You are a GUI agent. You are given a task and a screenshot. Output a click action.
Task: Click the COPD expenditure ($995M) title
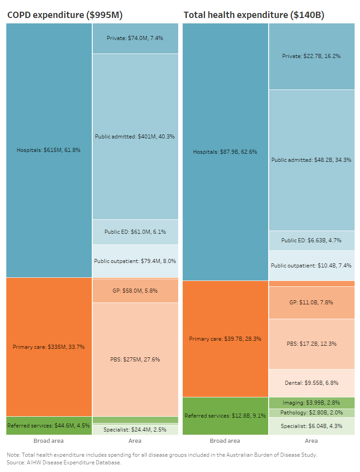click(65, 15)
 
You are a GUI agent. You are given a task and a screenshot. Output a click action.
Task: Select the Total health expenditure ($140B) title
click(254, 15)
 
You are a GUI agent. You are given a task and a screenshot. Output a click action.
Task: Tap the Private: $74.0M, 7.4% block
click(135, 38)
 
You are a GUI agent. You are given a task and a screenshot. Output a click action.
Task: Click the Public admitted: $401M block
click(135, 136)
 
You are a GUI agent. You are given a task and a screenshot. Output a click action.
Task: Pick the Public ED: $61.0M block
click(135, 232)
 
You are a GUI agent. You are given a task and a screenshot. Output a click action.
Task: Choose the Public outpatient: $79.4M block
click(135, 261)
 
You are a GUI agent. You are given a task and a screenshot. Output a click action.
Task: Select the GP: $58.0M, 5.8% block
click(135, 291)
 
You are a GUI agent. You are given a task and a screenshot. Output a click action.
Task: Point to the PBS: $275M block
click(135, 359)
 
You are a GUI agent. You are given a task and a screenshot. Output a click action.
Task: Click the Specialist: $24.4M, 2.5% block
click(135, 429)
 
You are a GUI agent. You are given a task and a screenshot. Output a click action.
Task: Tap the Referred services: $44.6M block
click(49, 425)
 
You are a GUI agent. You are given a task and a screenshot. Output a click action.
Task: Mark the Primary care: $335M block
click(49, 347)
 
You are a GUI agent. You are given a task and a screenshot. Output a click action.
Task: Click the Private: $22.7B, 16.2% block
click(311, 56)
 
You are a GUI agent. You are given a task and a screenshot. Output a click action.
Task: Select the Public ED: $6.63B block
click(311, 240)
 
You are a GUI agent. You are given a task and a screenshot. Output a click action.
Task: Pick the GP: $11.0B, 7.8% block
click(311, 303)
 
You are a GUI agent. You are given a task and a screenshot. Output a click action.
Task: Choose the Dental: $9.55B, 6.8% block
click(311, 383)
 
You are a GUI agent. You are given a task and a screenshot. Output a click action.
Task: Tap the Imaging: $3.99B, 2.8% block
click(311, 403)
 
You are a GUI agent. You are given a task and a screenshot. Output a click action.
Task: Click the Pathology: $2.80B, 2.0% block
click(311, 413)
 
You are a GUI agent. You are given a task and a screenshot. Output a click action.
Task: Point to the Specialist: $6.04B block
click(311, 426)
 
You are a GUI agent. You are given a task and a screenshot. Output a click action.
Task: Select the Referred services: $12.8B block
click(225, 416)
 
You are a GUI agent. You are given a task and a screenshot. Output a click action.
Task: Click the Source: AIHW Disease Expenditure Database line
click(64, 462)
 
